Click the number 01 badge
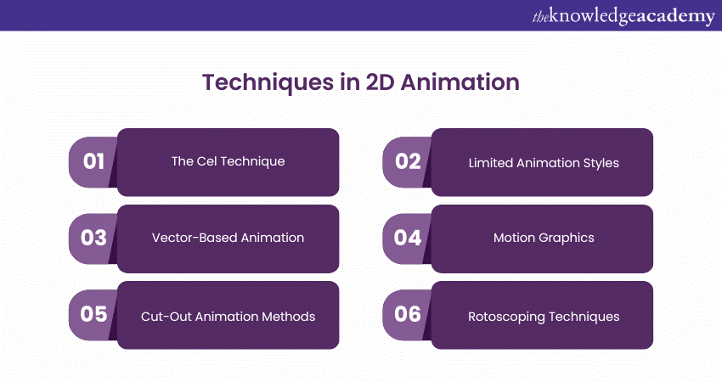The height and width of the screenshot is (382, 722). point(93,161)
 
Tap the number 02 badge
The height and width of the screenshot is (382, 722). point(408,161)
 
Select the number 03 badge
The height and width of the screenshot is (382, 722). point(93,238)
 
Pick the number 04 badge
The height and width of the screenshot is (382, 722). point(408,238)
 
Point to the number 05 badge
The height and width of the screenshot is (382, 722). point(93,314)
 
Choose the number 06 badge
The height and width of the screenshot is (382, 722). point(408,314)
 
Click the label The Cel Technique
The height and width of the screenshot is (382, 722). point(228,161)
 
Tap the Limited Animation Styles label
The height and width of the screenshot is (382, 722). point(544,161)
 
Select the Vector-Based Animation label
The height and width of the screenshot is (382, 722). point(228,238)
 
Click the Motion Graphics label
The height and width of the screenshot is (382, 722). point(544,238)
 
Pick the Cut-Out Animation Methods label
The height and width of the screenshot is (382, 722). point(228,317)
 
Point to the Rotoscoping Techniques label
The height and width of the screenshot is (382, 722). point(544,317)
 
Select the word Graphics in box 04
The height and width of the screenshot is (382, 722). point(568,238)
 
